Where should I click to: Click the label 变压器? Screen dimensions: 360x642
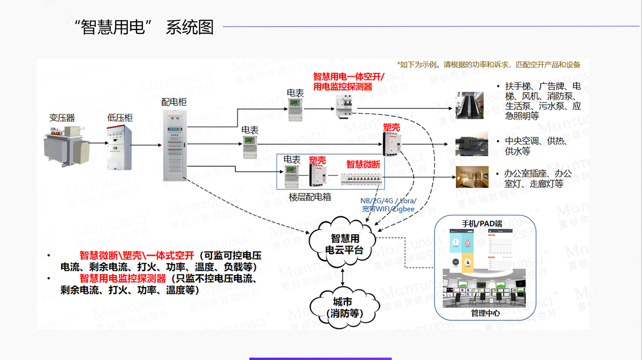pos(62,118)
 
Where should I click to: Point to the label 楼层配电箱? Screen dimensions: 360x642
pos(310,197)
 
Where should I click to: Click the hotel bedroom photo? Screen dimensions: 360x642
pos(469,176)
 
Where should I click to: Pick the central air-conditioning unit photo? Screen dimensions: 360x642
pos(469,144)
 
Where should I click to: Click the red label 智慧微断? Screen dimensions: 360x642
pos(363,164)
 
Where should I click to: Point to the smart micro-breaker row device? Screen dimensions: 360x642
pos(362,178)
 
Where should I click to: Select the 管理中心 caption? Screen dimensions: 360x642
pos(485,313)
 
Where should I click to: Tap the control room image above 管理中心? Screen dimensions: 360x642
pos(485,289)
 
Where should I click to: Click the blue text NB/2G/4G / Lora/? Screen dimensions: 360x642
pos(388,201)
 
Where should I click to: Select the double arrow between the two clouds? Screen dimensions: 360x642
pos(345,276)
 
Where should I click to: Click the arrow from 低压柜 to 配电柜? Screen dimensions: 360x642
pos(146,147)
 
